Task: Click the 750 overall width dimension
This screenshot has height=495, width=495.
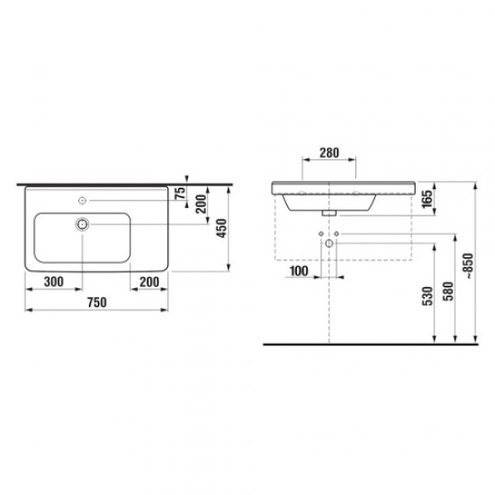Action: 97,302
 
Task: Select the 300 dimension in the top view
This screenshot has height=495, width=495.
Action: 54,282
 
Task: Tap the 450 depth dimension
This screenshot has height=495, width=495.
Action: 222,229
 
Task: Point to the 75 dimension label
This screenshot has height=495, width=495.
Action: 181,193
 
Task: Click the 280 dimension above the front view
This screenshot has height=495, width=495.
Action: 329,153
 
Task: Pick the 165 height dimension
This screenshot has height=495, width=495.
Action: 427,199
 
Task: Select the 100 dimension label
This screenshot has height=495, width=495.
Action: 299,271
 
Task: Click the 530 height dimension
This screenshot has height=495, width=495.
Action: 427,296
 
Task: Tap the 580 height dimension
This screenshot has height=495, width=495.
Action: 448,292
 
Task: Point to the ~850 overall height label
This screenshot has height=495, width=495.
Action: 469,265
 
